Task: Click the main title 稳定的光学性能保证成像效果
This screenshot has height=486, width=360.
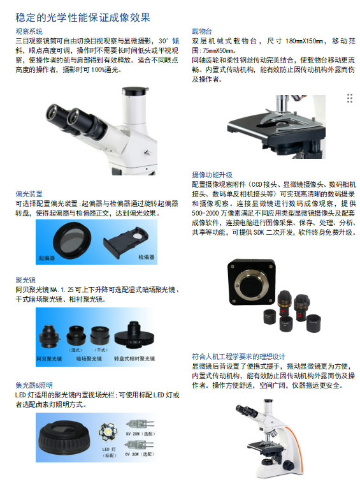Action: (83, 17)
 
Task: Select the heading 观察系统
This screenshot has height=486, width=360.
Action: (29, 31)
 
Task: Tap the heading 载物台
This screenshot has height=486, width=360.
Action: (202, 31)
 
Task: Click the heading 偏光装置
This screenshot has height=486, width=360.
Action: (29, 194)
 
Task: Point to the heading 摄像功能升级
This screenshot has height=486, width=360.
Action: (212, 175)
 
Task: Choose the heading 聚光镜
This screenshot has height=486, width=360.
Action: (25, 280)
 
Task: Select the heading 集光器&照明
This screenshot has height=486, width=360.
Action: (34, 385)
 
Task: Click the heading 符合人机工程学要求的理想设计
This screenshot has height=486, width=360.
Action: (238, 357)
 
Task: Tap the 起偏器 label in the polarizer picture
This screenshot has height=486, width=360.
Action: (47, 258)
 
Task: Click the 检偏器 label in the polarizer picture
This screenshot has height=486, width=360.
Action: (146, 257)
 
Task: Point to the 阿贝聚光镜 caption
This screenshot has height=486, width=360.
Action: (49, 358)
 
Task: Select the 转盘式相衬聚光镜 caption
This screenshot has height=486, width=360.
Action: (134, 358)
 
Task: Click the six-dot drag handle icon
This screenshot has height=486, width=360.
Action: (350, 98)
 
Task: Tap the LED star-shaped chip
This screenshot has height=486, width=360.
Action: (108, 432)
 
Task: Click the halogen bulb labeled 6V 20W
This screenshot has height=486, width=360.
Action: (140, 424)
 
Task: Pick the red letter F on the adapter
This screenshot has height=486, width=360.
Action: (283, 312)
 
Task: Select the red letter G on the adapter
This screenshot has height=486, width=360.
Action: (299, 315)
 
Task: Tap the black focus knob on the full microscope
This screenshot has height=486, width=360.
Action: (288, 465)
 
